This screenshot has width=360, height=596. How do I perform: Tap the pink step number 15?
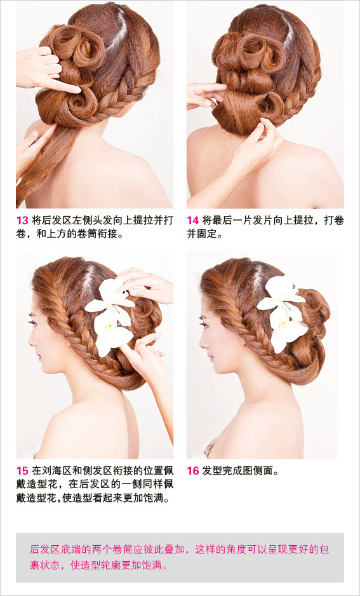[x=22, y=471]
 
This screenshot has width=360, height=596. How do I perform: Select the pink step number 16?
[x=193, y=471]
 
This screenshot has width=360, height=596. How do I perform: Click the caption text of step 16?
[x=241, y=471]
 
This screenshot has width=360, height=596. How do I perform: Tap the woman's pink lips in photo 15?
[x=38, y=358]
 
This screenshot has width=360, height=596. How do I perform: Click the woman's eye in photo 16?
[x=203, y=325]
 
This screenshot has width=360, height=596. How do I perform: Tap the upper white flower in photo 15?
[x=109, y=299]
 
